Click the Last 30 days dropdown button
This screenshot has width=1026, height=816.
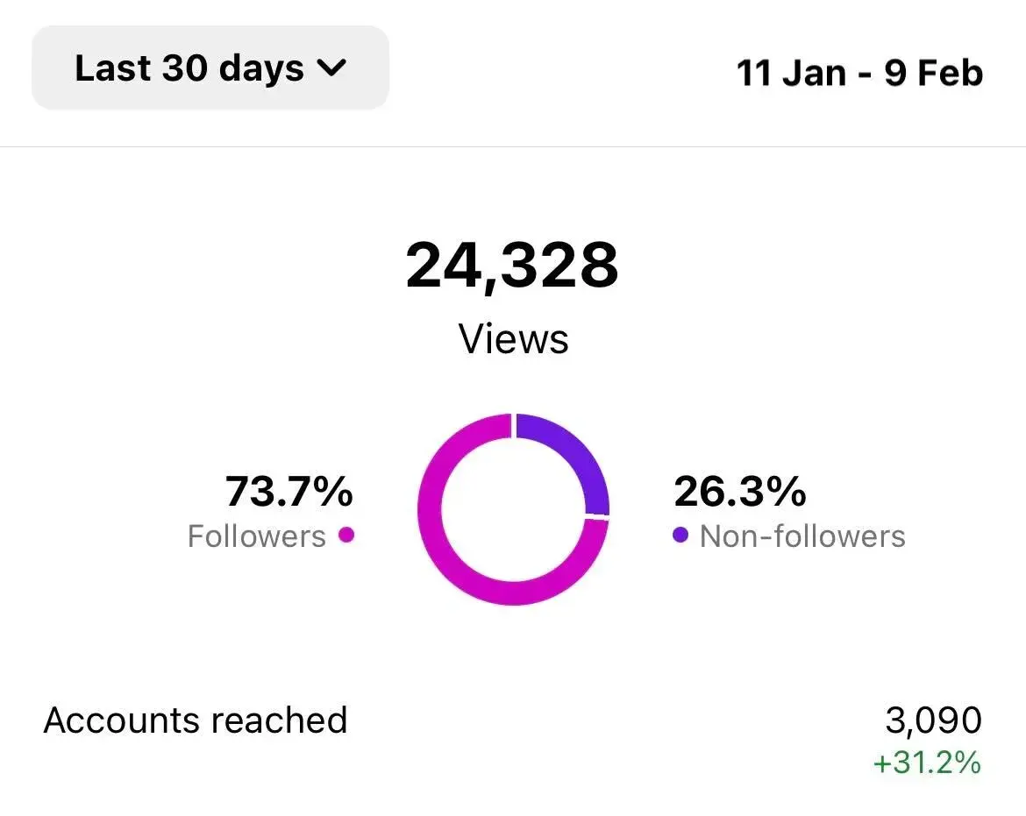pos(210,68)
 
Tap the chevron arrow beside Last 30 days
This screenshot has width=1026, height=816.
pos(331,68)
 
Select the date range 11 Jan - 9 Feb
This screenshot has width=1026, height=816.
pos(859,73)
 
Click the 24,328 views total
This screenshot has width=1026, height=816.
pos(512,266)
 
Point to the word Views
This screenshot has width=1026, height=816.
pos(514,339)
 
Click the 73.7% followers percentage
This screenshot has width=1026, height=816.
pos(289,491)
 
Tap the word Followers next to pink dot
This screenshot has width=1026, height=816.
pos(257,536)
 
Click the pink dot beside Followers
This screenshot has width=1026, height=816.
pos(346,535)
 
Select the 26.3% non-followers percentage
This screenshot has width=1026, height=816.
pos(739,491)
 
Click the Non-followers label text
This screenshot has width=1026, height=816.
pos(802,536)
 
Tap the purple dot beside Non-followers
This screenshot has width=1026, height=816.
pos(680,535)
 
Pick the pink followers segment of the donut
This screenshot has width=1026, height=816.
pos(456,561)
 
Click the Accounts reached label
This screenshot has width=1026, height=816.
pos(196,720)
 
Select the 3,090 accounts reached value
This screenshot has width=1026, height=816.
pos(933,720)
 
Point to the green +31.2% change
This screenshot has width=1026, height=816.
pos(927,763)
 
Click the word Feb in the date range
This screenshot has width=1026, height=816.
pos(951,73)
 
